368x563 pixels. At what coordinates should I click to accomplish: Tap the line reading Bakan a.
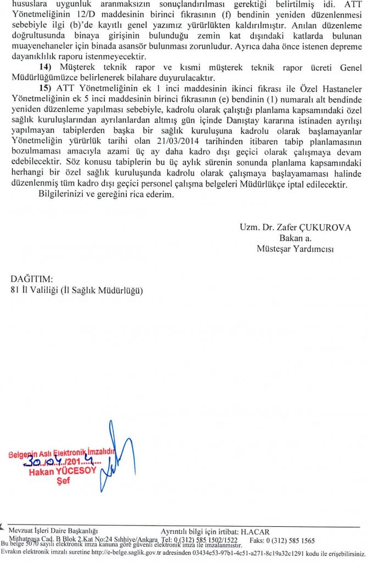point(295,238)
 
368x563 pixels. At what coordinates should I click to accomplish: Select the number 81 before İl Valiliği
point(15,290)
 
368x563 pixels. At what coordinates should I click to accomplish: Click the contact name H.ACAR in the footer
point(255,531)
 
